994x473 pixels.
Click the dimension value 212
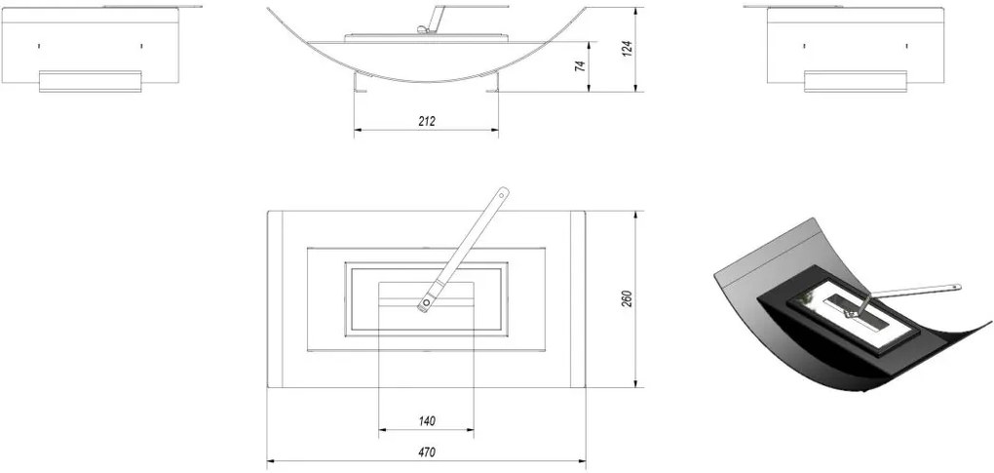[427, 121]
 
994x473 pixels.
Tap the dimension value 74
[580, 66]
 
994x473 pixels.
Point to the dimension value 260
[627, 299]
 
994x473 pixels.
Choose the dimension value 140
[427, 421]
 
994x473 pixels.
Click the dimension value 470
[427, 453]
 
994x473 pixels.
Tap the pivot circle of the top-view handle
[425, 303]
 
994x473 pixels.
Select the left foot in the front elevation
[362, 83]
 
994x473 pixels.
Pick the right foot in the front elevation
[492, 83]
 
